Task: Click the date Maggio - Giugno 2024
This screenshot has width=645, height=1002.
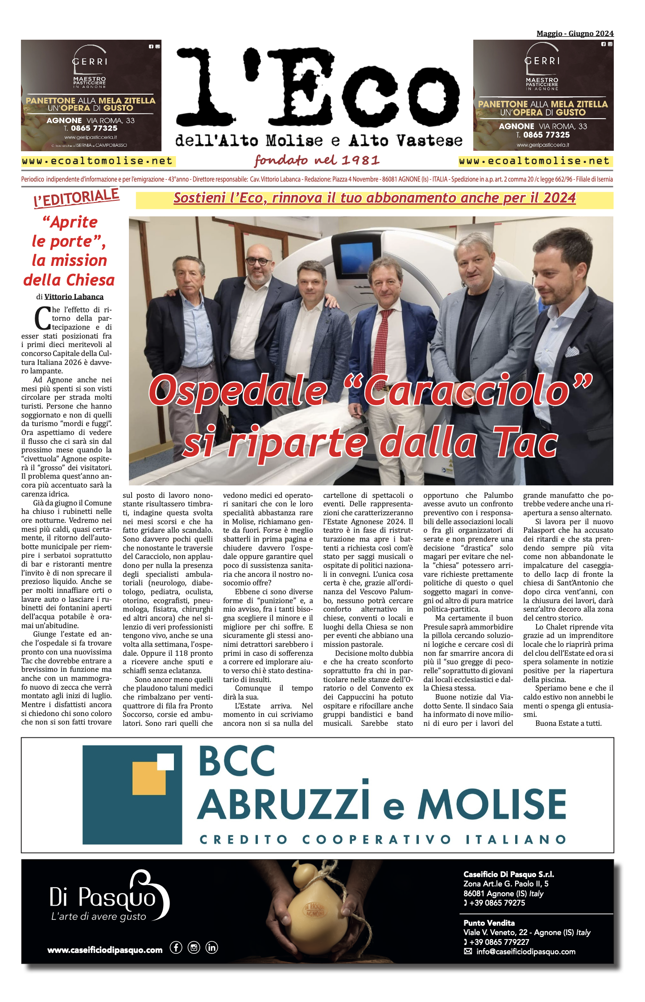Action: (575, 33)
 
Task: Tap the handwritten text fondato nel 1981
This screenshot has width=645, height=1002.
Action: (317, 160)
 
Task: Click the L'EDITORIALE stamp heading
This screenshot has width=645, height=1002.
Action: (76, 198)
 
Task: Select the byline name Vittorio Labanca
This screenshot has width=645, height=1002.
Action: (74, 297)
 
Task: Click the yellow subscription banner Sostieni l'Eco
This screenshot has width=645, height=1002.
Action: (374, 198)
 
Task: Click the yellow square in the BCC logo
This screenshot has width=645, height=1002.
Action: (149, 778)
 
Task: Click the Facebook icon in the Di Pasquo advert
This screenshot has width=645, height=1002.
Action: (176, 947)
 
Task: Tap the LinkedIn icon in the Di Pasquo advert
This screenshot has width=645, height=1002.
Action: (211, 947)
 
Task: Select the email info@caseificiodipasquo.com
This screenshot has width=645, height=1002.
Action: (525, 952)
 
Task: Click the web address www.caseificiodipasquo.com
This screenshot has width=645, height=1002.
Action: (105, 950)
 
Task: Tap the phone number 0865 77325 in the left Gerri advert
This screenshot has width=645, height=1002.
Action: (94, 128)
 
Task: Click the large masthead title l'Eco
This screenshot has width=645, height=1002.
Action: (318, 87)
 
